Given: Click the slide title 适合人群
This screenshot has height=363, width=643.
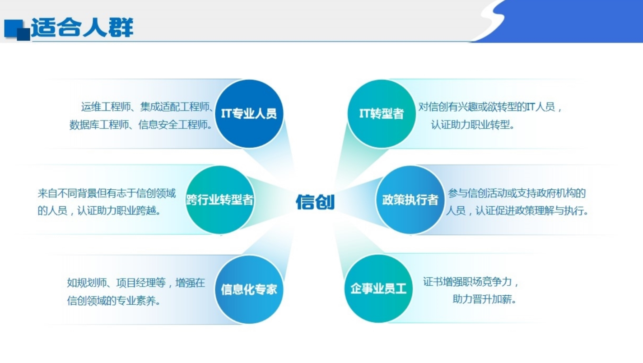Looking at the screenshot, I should coord(82,28).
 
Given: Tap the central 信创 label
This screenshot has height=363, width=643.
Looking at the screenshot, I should coord(315,201).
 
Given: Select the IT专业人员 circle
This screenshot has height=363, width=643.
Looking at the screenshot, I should coord(249,114).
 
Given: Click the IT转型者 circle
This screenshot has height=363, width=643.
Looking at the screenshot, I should coord(382,114).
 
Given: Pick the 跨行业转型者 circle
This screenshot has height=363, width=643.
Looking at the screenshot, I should coord(220,200).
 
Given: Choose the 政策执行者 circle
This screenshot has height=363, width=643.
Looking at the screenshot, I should coord(410,200).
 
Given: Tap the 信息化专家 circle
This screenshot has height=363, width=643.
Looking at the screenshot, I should coord(249,289).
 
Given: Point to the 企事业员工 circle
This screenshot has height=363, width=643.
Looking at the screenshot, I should coord(378,289).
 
